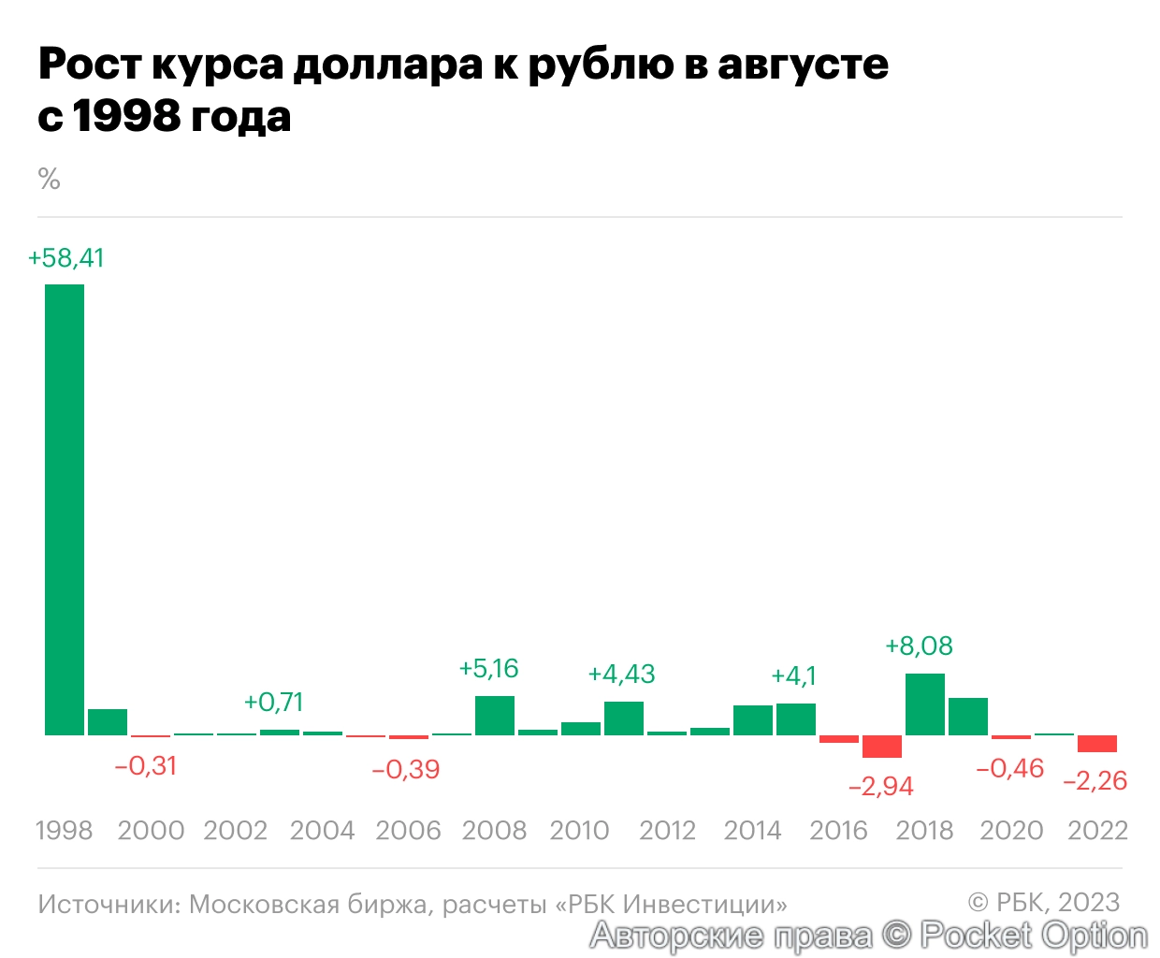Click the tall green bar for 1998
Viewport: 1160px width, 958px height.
coord(65,510)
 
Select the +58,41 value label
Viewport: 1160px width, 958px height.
coord(66,258)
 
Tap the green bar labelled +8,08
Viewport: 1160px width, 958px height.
coord(925,704)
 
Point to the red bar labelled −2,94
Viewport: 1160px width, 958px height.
coord(882,747)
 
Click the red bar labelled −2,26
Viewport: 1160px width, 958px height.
coord(1097,744)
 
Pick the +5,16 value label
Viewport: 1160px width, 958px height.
coord(488,669)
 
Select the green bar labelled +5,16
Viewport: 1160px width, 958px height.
coord(495,716)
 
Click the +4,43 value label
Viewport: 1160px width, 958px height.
coord(621,675)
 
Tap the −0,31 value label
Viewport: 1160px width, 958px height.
coord(146,766)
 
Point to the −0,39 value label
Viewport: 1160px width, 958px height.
coord(406,770)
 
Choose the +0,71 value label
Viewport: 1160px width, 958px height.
coord(274,703)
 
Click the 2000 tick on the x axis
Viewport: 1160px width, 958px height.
coord(151,831)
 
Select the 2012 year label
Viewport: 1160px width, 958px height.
coord(667,831)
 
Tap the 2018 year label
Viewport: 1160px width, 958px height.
coord(924,831)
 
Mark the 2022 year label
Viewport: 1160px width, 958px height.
coord(1097,831)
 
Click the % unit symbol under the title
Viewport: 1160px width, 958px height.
coord(50,179)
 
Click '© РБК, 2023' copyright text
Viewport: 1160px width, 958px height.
coord(1044,902)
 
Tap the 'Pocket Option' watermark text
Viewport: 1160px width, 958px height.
coord(1034,935)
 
